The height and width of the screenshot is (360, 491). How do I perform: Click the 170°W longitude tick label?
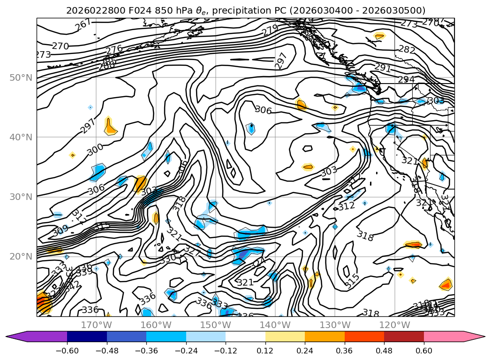click(96, 325)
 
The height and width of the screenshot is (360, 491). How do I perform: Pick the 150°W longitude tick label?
click(216, 325)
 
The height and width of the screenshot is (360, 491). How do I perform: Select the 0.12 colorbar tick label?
click(265, 351)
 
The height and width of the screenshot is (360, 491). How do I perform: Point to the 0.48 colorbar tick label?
click(384, 351)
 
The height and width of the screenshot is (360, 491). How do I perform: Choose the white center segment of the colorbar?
click(245, 336)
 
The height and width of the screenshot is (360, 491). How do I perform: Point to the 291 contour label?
click(383, 68)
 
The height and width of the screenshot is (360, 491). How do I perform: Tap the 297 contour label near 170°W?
click(88, 125)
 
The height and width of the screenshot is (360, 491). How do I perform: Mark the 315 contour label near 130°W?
click(352, 280)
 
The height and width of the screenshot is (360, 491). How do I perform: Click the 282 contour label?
click(407, 49)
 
